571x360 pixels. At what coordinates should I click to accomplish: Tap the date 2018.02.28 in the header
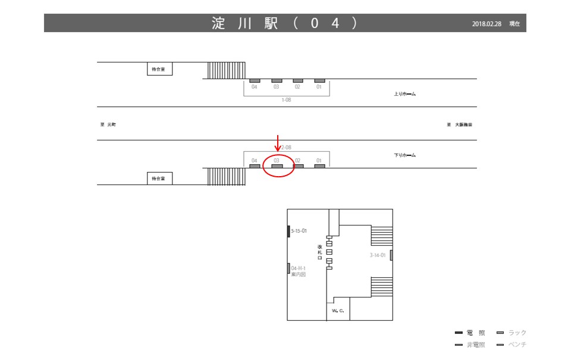(x=487, y=24)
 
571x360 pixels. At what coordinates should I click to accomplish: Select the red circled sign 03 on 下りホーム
(x=277, y=166)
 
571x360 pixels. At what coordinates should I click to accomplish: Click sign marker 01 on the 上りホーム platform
(x=319, y=80)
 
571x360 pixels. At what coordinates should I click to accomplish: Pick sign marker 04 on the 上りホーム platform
(x=255, y=80)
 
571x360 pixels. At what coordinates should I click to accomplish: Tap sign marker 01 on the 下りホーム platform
(x=319, y=166)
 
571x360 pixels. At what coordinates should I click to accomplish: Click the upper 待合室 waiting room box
(x=159, y=69)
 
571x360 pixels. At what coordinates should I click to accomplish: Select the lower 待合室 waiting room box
(x=159, y=178)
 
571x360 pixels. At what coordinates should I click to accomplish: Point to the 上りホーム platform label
(x=405, y=94)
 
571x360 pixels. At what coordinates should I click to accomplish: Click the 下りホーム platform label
(x=405, y=155)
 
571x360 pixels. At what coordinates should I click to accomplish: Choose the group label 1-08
(x=286, y=100)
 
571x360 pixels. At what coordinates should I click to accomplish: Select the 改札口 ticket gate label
(x=320, y=252)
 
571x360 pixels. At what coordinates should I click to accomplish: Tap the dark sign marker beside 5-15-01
(x=288, y=231)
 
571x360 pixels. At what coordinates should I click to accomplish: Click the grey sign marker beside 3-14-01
(x=391, y=256)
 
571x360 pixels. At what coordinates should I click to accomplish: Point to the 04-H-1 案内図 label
(x=298, y=271)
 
